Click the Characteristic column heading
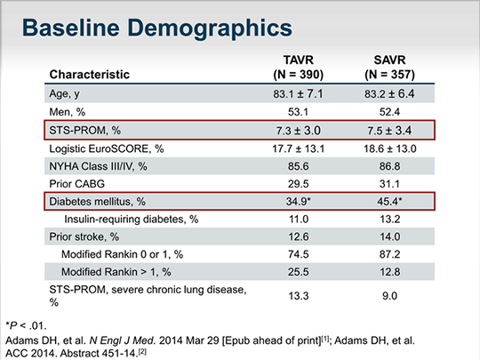click(x=90, y=75)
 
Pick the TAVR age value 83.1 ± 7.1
click(x=298, y=93)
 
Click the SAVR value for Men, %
click(x=389, y=112)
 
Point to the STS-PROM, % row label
click(x=85, y=131)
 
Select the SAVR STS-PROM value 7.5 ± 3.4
click(x=389, y=131)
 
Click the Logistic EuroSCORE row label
click(x=107, y=148)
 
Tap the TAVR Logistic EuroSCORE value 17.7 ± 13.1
click(x=298, y=148)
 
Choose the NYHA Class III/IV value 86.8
click(x=389, y=166)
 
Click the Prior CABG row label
click(x=76, y=184)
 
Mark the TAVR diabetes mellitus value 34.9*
click(x=299, y=202)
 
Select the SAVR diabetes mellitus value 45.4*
click(x=389, y=202)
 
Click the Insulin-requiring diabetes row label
click(x=132, y=220)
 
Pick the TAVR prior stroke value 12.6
click(x=298, y=236)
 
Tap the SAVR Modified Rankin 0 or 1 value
click(x=389, y=254)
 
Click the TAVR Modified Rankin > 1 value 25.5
click(x=298, y=272)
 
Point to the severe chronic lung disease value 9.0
click(x=389, y=296)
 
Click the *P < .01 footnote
click(x=26, y=325)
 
